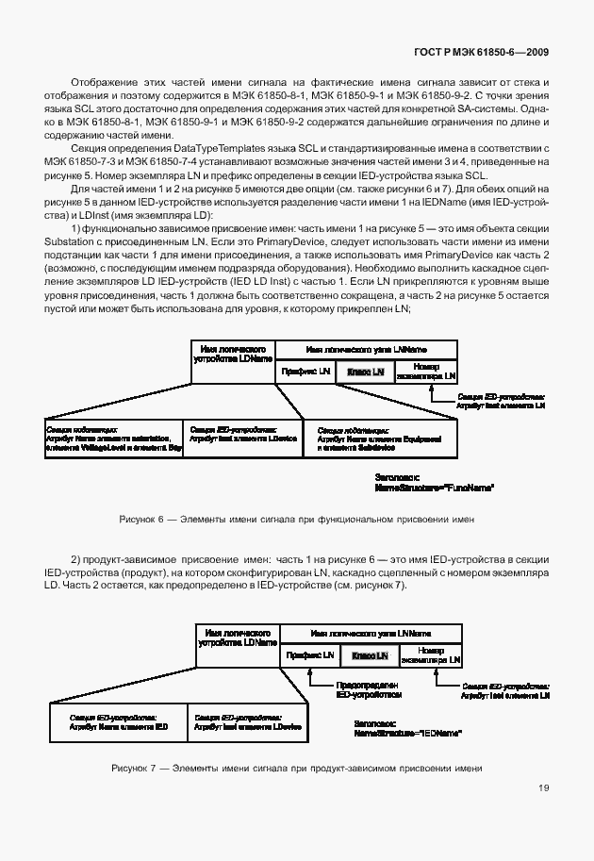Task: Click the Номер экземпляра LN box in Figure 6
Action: pyautogui.click(x=425, y=373)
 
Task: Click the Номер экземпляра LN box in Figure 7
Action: pyautogui.click(x=430, y=654)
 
